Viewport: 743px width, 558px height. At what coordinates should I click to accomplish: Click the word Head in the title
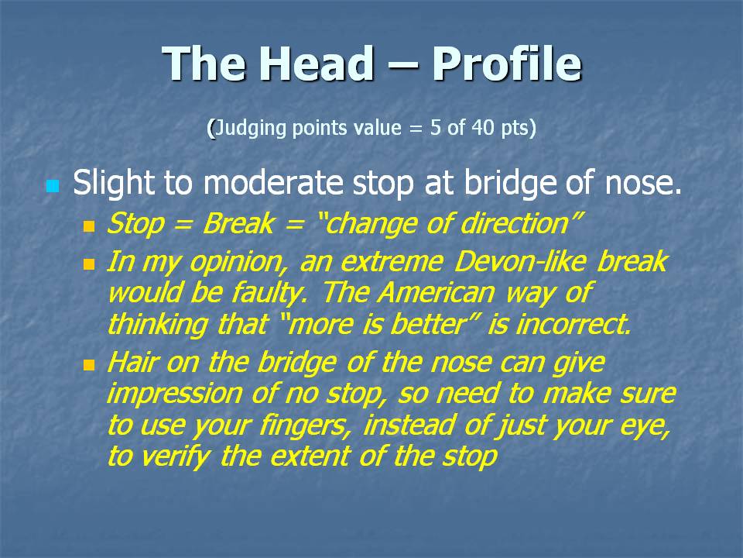click(x=316, y=64)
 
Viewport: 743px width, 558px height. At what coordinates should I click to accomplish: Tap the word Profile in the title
click(x=506, y=64)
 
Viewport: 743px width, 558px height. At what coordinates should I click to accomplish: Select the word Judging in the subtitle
click(x=251, y=129)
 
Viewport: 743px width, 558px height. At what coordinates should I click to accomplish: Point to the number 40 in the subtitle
click(x=483, y=127)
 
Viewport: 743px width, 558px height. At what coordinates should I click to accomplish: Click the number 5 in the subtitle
click(x=436, y=127)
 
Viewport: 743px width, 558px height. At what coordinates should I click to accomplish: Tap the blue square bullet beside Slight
click(x=53, y=186)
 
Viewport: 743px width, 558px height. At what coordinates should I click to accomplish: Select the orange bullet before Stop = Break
click(x=89, y=226)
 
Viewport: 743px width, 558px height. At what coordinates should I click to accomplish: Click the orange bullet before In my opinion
click(x=89, y=264)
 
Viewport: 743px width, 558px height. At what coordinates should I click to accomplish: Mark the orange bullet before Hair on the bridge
click(x=89, y=365)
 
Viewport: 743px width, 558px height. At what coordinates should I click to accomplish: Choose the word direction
click(x=514, y=223)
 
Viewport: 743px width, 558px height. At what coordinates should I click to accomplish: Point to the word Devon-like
click(x=520, y=261)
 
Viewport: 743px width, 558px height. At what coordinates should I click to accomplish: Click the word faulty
click(x=269, y=294)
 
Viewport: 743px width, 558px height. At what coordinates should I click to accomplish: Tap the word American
click(x=436, y=293)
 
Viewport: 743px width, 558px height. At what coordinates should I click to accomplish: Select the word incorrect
click(x=573, y=325)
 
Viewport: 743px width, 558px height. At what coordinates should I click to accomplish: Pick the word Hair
click(x=132, y=362)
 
